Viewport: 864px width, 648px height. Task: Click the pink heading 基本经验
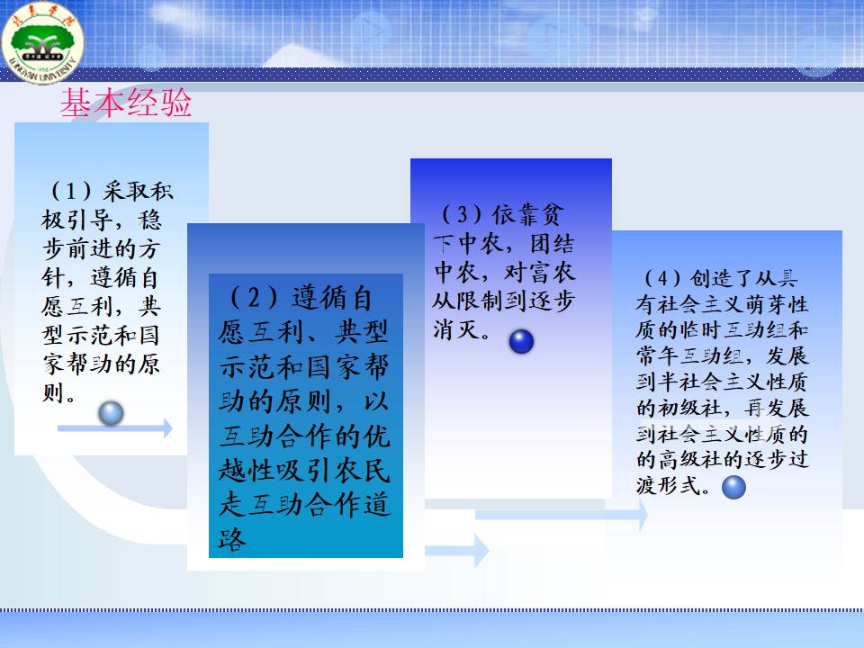(x=126, y=103)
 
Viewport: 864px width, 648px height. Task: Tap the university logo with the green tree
(x=42, y=42)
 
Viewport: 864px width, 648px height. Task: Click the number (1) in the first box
(x=71, y=191)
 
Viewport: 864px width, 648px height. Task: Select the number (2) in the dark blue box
(x=254, y=298)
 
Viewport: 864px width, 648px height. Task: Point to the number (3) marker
(x=462, y=214)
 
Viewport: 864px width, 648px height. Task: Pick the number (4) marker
(x=663, y=278)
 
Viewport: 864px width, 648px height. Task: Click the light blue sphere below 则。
(x=111, y=413)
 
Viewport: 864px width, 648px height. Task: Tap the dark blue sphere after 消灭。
(x=521, y=341)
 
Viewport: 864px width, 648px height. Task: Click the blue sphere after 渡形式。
(x=734, y=487)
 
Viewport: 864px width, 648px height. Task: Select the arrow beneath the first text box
(x=114, y=428)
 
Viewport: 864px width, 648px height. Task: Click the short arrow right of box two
(x=457, y=550)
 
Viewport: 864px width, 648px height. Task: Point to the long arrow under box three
(x=561, y=515)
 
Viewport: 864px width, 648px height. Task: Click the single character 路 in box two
(x=232, y=539)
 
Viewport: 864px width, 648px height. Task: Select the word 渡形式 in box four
(x=669, y=485)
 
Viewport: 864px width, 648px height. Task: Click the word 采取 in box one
(x=126, y=191)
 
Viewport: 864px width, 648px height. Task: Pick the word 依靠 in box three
(x=515, y=214)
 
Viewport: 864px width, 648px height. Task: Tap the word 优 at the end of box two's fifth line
(x=377, y=436)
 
